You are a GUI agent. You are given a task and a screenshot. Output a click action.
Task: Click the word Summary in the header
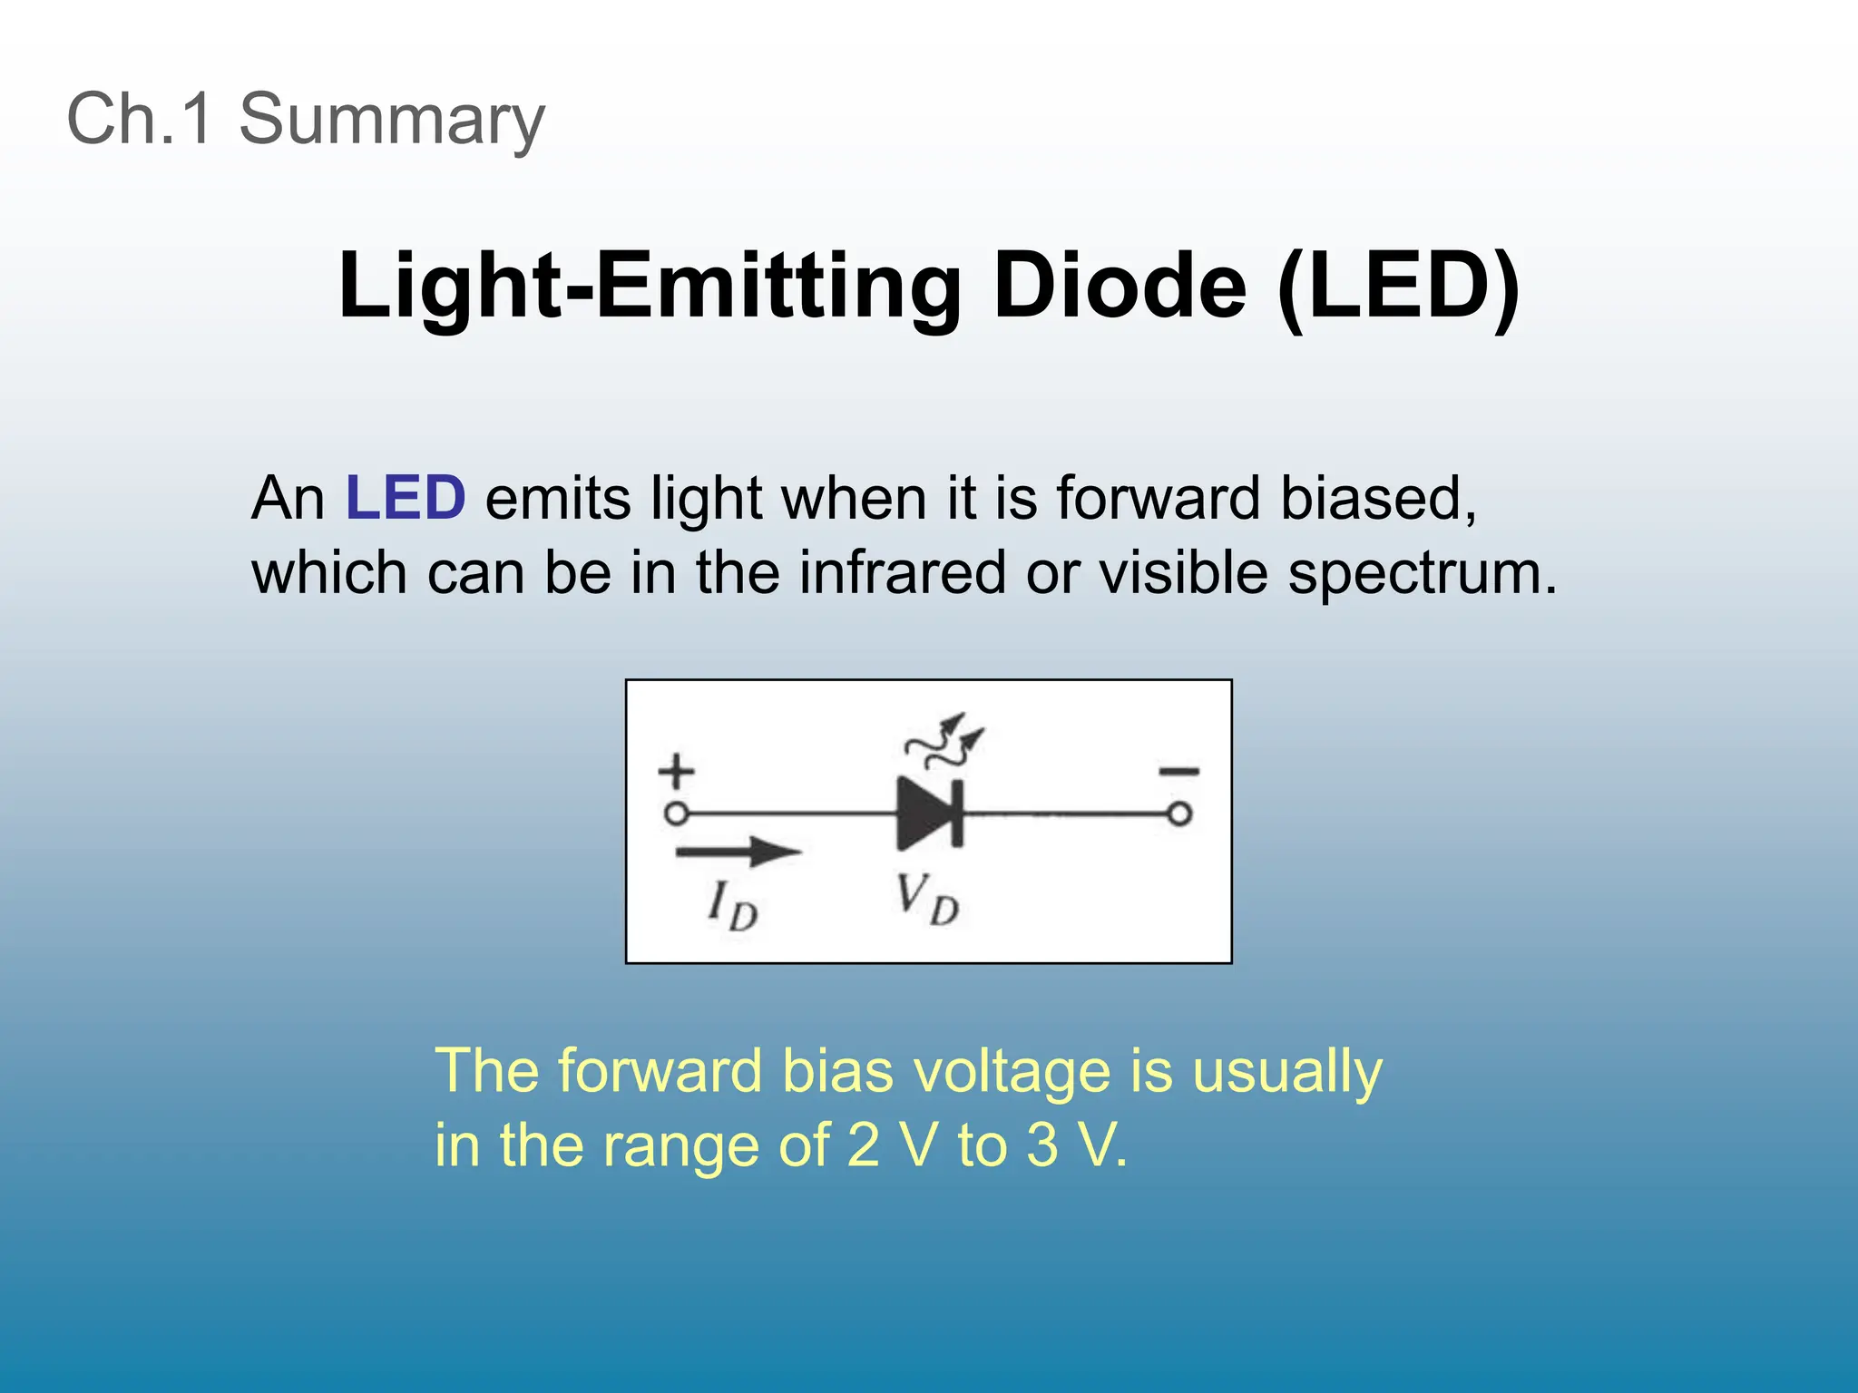391,120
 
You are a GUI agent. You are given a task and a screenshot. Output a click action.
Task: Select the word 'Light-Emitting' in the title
648,286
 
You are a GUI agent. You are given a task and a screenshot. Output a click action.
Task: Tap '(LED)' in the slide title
1397,286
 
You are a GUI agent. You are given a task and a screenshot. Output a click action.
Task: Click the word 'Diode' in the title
1120,286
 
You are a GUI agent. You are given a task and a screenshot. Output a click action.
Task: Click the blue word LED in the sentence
406,498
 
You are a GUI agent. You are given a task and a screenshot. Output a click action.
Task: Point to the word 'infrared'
902,573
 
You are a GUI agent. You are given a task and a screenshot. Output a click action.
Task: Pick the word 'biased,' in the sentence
1378,498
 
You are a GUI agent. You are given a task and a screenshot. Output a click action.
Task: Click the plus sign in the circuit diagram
676,773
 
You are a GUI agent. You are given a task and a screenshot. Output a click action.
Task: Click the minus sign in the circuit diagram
1178,772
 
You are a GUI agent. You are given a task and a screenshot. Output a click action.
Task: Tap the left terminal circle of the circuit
676,813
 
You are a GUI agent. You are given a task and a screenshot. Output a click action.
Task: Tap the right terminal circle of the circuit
1178,814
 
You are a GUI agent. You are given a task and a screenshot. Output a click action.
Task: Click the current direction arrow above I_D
738,852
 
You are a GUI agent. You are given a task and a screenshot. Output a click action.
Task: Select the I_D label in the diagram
732,905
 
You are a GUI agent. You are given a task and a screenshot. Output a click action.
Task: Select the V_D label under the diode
926,899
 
